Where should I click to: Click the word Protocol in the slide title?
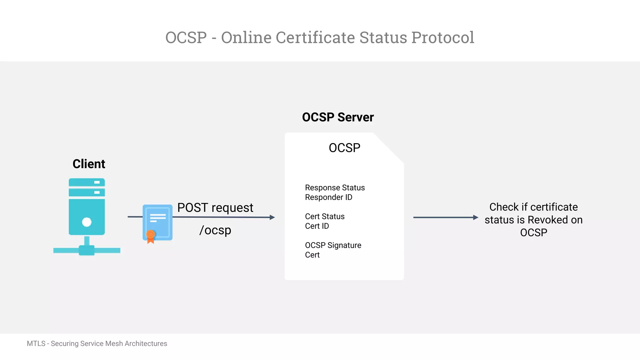point(442,38)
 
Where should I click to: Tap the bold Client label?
point(89,164)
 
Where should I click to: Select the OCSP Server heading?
point(338,117)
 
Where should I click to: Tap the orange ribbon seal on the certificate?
point(151,236)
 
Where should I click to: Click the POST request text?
point(215,208)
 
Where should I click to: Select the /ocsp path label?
point(215,230)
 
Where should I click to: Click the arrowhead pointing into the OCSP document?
point(272,217)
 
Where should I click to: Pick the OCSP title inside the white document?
point(344,148)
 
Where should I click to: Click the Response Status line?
point(335,187)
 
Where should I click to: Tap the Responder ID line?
point(328,197)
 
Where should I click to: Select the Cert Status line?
point(325,216)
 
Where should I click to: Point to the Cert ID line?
point(317,226)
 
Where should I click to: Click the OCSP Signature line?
point(333,245)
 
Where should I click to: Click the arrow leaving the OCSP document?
point(445,217)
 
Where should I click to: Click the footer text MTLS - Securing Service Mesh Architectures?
point(97,343)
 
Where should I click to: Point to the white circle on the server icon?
point(87,222)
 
